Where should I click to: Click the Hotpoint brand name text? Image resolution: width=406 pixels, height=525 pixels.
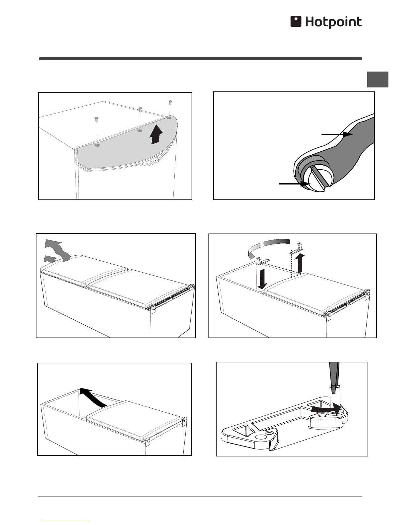pos(333,22)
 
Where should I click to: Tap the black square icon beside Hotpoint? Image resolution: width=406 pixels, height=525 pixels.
pos(296,21)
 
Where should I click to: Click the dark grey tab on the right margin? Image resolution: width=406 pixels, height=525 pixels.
pos(378,79)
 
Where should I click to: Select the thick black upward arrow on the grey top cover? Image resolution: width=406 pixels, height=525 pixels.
pos(156,134)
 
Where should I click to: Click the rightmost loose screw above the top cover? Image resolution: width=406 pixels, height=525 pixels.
pos(170,102)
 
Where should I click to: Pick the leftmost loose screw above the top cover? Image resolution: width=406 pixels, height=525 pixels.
pos(96,118)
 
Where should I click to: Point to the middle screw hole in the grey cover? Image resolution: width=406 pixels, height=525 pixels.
pos(140,131)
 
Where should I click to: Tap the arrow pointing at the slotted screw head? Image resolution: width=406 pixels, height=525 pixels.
pos(295,184)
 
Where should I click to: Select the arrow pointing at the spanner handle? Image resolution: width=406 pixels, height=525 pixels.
pos(337,134)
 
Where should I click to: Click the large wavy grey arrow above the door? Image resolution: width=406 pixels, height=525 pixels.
pos(58,250)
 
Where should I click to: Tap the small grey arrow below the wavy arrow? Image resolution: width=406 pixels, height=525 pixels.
pos(50,259)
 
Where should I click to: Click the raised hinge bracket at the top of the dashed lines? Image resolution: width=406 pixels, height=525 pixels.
pos(296,249)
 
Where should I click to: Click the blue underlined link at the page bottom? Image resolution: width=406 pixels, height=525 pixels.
pos(66,522)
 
